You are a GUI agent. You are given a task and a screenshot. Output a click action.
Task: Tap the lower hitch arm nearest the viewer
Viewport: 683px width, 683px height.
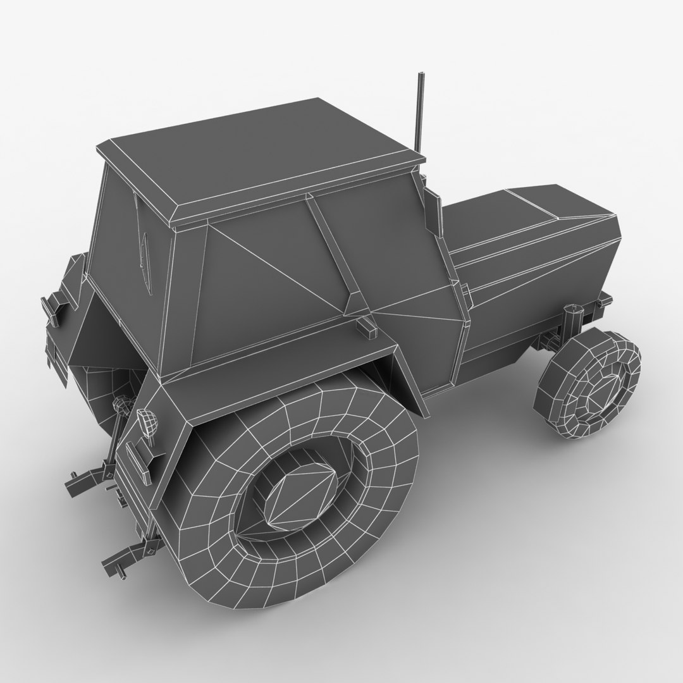click(x=123, y=553)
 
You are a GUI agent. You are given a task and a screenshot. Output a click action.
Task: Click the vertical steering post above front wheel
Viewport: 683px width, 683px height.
click(x=573, y=323)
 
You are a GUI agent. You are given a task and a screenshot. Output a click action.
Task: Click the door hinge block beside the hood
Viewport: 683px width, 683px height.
click(x=464, y=292)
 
